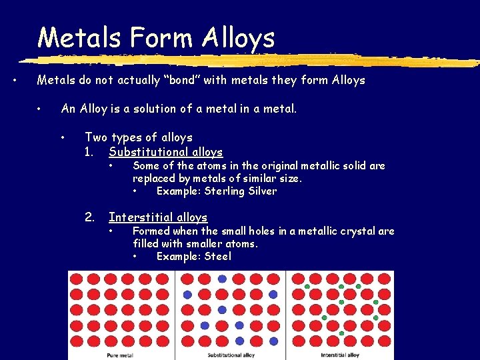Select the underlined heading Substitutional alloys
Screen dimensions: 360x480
[165, 152]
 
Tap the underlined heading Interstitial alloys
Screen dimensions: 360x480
[158, 217]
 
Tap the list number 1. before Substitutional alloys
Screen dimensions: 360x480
[90, 152]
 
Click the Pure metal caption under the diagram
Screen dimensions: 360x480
[120, 355]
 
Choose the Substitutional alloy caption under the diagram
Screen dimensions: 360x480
[231, 355]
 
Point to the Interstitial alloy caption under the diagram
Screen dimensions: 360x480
[340, 355]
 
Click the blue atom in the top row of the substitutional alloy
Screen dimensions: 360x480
[222, 279]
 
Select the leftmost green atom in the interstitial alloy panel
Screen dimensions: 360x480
[307, 286]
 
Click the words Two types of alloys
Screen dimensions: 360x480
[138, 137]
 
